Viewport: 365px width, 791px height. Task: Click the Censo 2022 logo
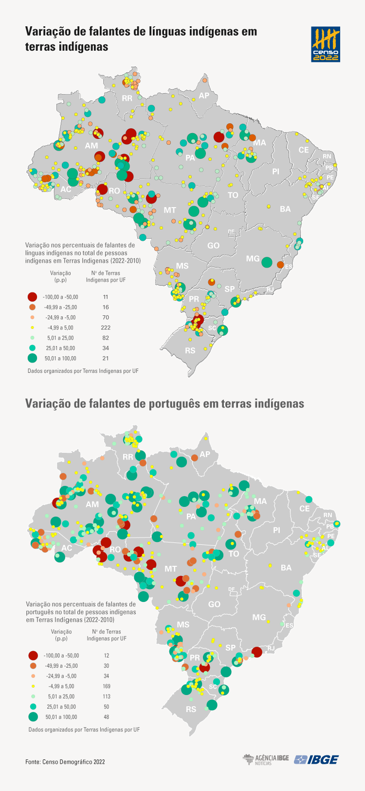coord(326,44)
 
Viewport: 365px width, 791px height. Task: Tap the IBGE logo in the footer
coord(316,759)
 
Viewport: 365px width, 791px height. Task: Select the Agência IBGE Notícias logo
coord(266,759)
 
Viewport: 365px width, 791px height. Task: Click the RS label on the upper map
coord(190,350)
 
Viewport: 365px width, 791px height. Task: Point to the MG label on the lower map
coord(259,617)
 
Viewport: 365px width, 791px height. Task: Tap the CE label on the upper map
coord(304,150)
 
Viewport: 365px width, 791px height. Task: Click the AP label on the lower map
coord(205,454)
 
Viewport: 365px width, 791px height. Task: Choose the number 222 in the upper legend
coord(106,328)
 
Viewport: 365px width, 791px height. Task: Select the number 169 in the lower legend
coord(107,686)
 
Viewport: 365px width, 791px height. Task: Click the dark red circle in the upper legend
coord(33,297)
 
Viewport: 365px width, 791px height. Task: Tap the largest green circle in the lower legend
coord(33,717)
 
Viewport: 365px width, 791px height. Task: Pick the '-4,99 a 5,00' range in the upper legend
coord(60,328)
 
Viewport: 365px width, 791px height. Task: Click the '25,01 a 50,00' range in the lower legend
coord(61,707)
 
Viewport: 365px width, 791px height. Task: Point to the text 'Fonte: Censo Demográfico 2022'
coord(65,761)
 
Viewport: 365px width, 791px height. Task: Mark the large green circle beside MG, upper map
coord(266,262)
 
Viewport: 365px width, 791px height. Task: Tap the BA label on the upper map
coord(285,209)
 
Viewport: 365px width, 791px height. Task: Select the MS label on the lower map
coord(183,624)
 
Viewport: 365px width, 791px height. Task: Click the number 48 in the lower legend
coord(107,717)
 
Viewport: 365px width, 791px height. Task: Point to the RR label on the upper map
coord(127,98)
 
